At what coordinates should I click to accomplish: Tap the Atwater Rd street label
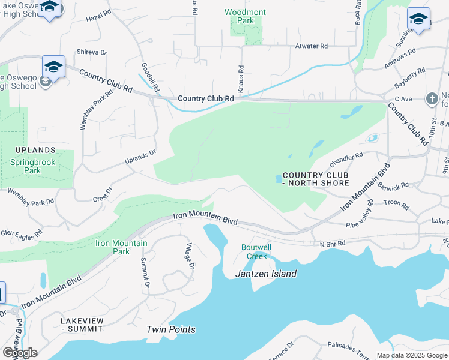point(311,46)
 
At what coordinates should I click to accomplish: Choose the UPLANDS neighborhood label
point(37,150)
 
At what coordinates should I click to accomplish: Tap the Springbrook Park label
point(34,166)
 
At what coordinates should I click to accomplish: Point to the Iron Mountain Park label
point(121,247)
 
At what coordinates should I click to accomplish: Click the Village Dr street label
point(190,256)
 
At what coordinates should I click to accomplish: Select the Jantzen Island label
point(265,274)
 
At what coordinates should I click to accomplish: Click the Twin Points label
point(171,329)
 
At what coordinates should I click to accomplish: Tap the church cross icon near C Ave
point(432,98)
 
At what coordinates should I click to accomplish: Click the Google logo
point(20,353)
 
